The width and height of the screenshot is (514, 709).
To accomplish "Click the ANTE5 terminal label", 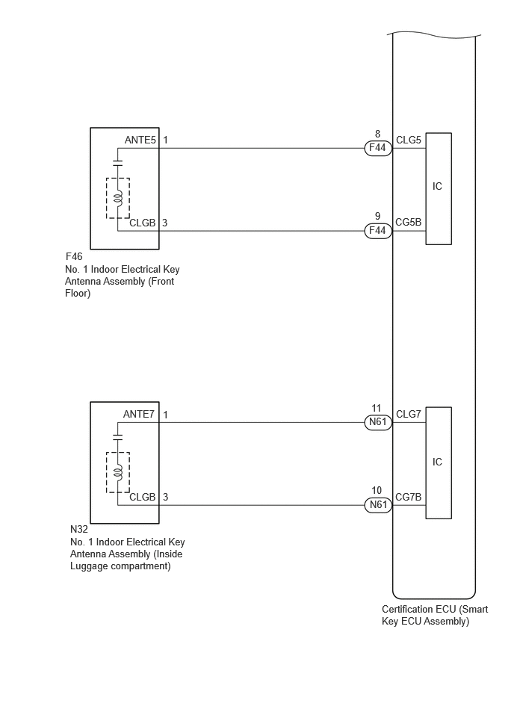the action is [140, 140].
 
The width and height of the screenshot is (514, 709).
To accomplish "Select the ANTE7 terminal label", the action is [139, 414].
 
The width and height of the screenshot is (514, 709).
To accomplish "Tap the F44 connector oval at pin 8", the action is [378, 148].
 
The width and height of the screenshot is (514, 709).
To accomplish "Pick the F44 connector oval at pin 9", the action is [378, 231].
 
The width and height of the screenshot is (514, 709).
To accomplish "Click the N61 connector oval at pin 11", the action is [378, 422].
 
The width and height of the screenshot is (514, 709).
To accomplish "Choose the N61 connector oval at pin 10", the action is [378, 504].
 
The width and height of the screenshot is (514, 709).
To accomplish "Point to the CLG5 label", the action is [409, 140].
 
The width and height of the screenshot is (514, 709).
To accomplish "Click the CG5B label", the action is [408, 222].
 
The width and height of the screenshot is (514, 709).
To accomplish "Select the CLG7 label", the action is [409, 414].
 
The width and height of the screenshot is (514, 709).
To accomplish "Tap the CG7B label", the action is [408, 497].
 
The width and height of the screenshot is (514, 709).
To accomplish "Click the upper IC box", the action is [439, 188].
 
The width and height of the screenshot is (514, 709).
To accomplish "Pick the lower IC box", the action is [439, 463].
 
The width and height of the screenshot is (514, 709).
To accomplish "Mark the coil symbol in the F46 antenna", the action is [118, 197].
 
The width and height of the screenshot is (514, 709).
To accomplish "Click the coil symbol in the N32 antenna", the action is [118, 472].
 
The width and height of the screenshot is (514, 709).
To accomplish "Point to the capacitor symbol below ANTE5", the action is [118, 163].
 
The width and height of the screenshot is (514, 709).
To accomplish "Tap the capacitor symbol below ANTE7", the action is [118, 437].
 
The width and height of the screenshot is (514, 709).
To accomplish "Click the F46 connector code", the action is [74, 256].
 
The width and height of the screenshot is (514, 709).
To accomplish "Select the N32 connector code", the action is [79, 529].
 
